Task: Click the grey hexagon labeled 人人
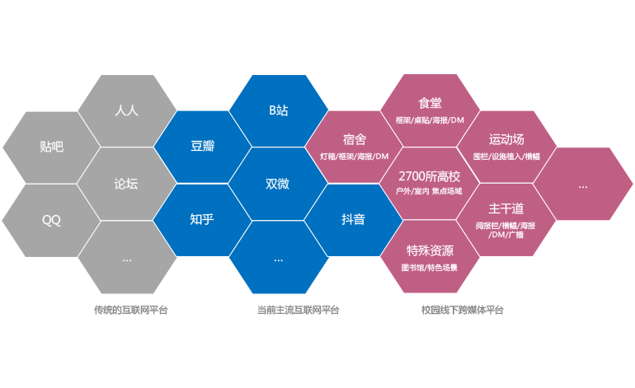click(127, 110)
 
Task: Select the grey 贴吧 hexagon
click(51, 147)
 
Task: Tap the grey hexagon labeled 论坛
click(127, 184)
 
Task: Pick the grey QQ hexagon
click(51, 220)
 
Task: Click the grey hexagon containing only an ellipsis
click(127, 257)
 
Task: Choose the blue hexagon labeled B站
click(278, 110)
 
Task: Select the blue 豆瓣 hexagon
click(202, 147)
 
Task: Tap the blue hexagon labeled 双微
click(278, 184)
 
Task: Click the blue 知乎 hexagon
click(202, 220)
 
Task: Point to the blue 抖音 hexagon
click(354, 220)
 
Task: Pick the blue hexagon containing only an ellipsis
click(278, 257)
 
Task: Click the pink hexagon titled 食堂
click(430, 110)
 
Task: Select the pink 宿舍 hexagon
click(354, 147)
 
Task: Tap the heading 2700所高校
click(430, 175)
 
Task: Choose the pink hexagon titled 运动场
click(506, 147)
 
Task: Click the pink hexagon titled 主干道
click(506, 220)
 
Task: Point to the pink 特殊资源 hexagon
click(430, 256)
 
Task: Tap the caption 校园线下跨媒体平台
click(462, 311)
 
